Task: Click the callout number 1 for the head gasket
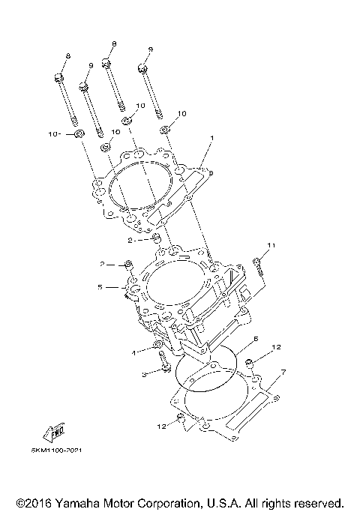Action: coord(212,138)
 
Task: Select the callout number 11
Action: coord(272,245)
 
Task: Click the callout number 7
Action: coord(283,372)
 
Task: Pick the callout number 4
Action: coord(134,352)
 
